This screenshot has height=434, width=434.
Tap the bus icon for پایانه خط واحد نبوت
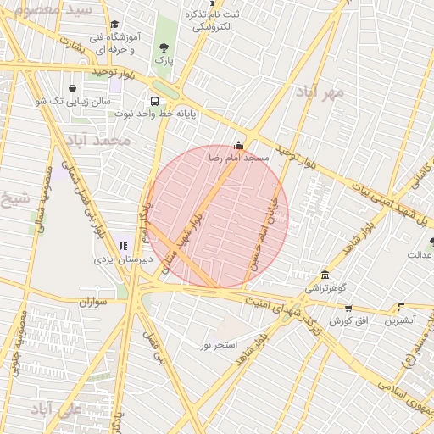[x=153, y=99]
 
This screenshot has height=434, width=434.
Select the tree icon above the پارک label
[x=164, y=47]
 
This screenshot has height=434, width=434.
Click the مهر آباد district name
[x=320, y=90]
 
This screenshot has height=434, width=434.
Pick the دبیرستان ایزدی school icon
[x=124, y=246]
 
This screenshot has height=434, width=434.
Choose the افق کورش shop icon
[x=348, y=309]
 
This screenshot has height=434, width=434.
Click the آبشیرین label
[x=399, y=321]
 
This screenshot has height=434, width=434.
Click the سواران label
[x=93, y=301]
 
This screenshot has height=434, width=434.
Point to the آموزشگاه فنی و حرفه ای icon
[x=115, y=25]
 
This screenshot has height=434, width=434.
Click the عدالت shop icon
[x=431, y=242]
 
